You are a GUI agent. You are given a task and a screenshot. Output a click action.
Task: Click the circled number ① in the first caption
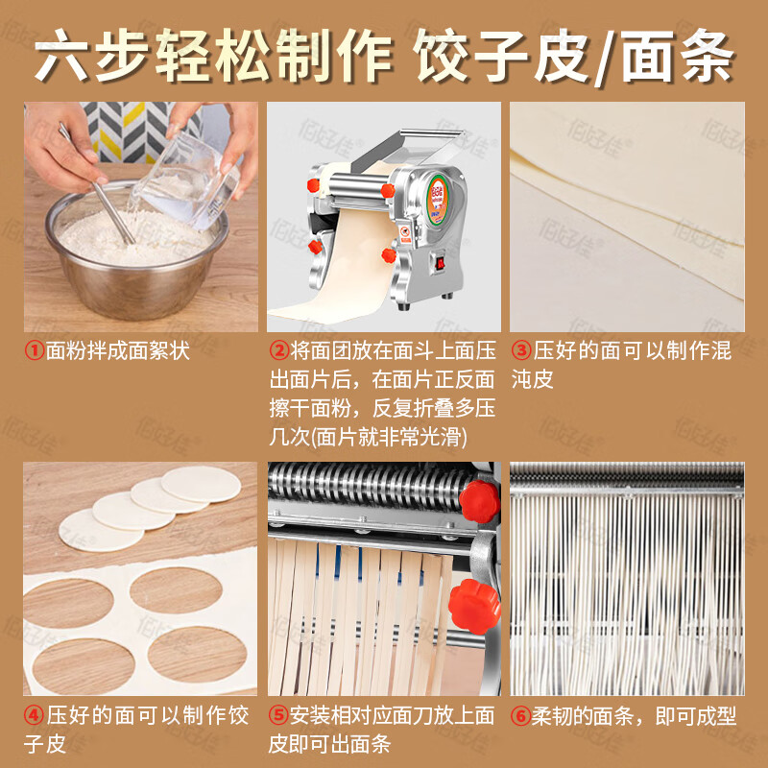pos(35,351)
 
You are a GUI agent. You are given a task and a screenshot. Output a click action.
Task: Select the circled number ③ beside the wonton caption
pos(520,351)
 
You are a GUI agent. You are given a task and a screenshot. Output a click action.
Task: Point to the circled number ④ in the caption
pos(35,716)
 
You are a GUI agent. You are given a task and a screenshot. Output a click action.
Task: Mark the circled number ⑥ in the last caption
pos(520,716)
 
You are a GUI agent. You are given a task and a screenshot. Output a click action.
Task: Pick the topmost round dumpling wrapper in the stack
pos(198,483)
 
